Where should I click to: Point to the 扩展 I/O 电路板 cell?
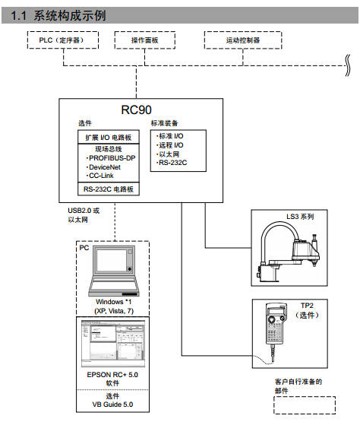[108, 137]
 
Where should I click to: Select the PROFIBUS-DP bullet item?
[110, 157]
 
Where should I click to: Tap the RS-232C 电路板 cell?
[108, 189]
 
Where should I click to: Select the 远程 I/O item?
[170, 144]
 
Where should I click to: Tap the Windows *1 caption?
[113, 303]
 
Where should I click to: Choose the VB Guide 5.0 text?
[112, 406]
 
